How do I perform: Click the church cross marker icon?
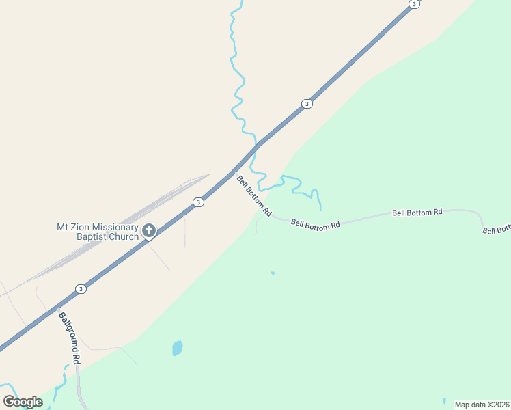pyautogui.click(x=149, y=231)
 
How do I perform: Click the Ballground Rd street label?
pyautogui.click(x=70, y=338)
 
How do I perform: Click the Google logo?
pyautogui.click(x=23, y=402)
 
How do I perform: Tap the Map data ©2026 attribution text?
pyautogui.click(x=481, y=405)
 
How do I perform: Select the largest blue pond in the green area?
pyautogui.click(x=178, y=348)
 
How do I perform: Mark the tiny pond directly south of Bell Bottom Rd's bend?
pyautogui.click(x=273, y=273)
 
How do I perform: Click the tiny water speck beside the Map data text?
pyautogui.click(x=444, y=400)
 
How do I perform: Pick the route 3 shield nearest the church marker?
pyautogui.click(x=197, y=202)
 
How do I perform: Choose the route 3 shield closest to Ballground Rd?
pyautogui.click(x=81, y=288)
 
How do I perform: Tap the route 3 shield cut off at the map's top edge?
pyautogui.click(x=413, y=4)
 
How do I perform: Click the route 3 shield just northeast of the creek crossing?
pyautogui.click(x=307, y=104)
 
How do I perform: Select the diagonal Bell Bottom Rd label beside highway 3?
pyautogui.click(x=254, y=196)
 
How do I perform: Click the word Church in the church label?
pyautogui.click(x=122, y=237)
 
